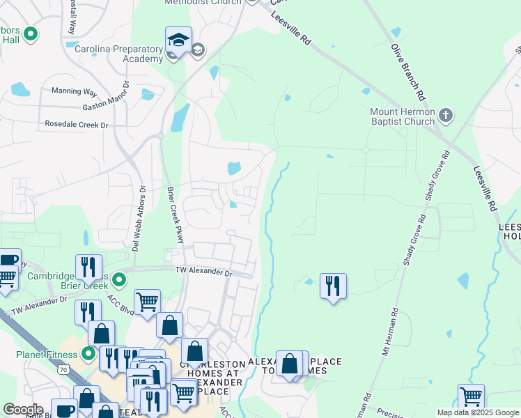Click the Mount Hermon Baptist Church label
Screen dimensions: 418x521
pos(403,116)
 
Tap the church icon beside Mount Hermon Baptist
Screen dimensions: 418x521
pos(446,114)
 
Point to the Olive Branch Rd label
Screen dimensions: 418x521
pos(407,70)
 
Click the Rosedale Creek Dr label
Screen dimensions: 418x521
pos(77,125)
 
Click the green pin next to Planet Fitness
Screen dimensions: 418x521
pos(88,354)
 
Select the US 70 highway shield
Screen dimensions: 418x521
pos(63,370)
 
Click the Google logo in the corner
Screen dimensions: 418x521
pos(23,410)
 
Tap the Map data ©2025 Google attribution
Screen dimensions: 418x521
pos(478,412)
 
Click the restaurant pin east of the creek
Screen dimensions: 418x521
pos(333,286)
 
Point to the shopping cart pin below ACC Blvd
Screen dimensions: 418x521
pos(147,302)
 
